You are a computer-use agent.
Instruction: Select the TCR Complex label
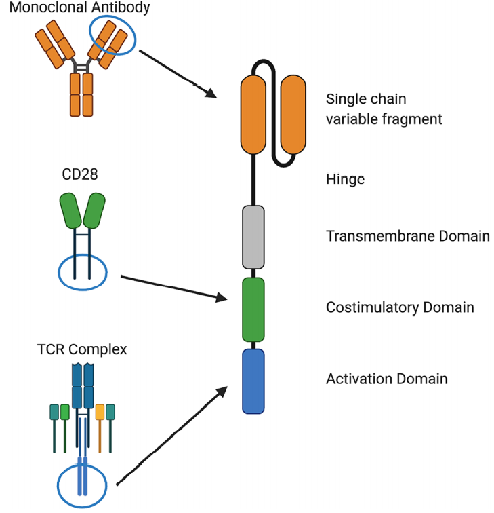click(x=82, y=350)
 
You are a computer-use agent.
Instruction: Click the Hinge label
click(x=345, y=179)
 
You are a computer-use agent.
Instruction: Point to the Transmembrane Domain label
click(x=407, y=236)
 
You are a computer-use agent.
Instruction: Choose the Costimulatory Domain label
click(x=400, y=307)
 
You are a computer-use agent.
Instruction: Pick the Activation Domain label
click(x=386, y=378)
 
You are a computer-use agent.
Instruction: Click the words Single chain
click(x=366, y=99)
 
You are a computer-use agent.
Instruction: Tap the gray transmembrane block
click(x=253, y=236)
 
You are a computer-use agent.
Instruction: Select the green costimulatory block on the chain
click(x=253, y=308)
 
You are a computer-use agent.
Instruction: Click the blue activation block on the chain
click(x=253, y=381)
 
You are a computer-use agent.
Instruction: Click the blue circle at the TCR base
click(x=82, y=481)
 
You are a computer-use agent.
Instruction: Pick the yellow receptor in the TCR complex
click(x=100, y=412)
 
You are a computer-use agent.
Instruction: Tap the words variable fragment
click(x=384, y=119)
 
